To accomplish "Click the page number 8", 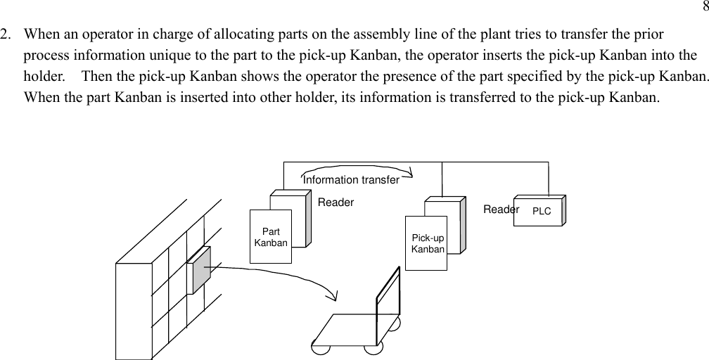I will (x=705, y=8).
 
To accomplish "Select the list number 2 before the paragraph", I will (x=6, y=34).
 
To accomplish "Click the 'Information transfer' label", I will (x=351, y=180).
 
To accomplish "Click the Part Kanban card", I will (x=271, y=236).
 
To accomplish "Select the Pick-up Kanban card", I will (x=427, y=243).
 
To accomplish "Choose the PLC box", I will (x=540, y=211).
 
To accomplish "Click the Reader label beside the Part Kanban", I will (x=336, y=202).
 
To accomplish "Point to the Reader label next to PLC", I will (x=501, y=210).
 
